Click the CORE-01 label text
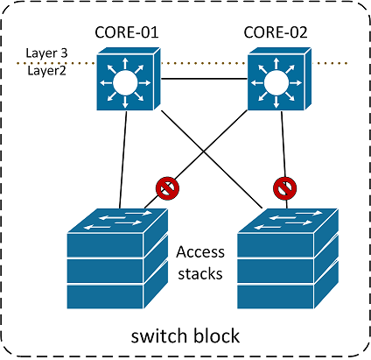(127, 32)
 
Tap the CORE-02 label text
(276, 32)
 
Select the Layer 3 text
(46, 53)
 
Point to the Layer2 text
(46, 71)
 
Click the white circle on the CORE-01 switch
(125, 83)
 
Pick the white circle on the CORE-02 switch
(276, 83)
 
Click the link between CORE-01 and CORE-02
(204, 79)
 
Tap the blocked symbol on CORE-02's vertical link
(285, 188)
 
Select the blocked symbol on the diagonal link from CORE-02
(167, 188)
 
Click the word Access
(200, 252)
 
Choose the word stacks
(200, 274)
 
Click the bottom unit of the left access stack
(106, 297)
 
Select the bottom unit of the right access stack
(276, 297)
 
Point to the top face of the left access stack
(117, 221)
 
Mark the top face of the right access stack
(288, 221)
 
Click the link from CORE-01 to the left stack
(122, 159)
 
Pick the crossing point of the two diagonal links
(204, 152)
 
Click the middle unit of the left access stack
(106, 271)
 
